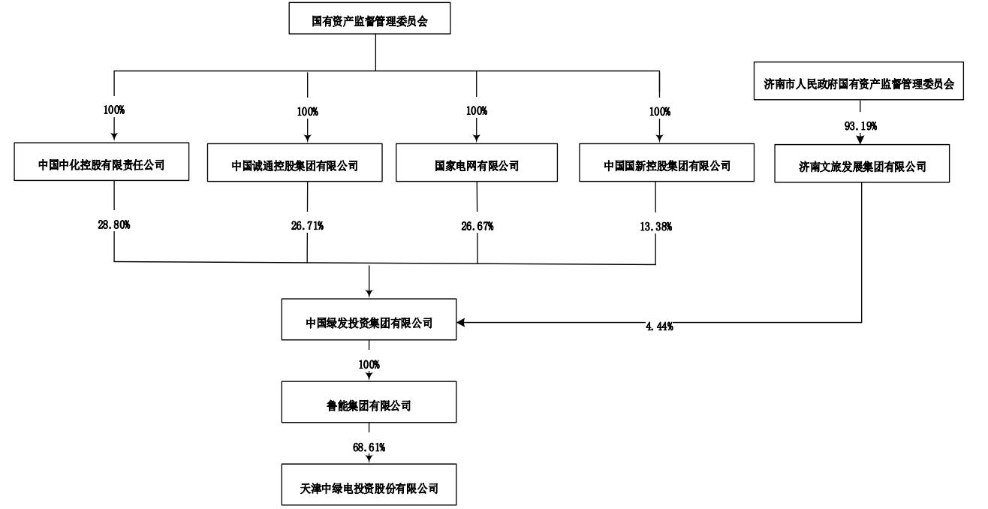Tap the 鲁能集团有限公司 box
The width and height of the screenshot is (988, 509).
(369, 405)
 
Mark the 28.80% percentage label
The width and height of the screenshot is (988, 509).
(115, 224)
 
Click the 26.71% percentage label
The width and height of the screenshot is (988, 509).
(308, 226)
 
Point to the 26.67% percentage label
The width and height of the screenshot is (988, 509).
(477, 226)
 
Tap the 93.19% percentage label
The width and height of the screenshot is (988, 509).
(860, 125)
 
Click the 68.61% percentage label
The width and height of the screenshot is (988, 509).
(369, 447)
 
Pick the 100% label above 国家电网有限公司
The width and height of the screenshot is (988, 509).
(476, 111)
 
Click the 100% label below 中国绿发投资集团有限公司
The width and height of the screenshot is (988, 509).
(369, 365)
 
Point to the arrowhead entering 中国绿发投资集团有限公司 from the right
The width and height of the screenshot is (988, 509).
(462, 323)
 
